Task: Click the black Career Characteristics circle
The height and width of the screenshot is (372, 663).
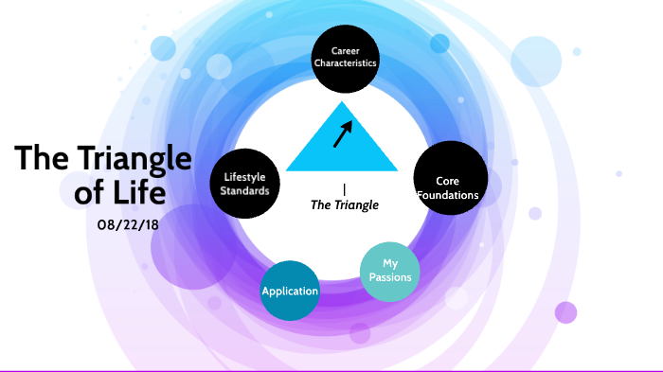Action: (x=346, y=57)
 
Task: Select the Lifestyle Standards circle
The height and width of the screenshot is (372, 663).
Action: (x=246, y=183)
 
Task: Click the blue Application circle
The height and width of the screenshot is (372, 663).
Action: (x=290, y=291)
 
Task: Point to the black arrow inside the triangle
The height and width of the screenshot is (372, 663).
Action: (x=342, y=134)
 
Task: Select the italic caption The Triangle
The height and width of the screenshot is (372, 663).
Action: (x=345, y=204)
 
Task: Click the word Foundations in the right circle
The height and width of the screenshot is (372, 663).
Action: (x=451, y=196)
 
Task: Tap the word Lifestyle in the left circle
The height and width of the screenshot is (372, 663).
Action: (x=246, y=176)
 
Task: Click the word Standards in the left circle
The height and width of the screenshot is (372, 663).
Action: (x=246, y=190)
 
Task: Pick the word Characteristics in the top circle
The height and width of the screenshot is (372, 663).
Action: (x=346, y=63)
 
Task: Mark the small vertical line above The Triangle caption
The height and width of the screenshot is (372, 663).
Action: (x=344, y=189)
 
